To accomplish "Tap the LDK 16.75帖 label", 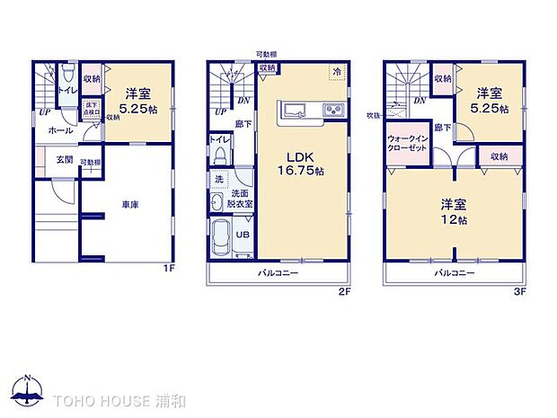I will [x=302, y=160].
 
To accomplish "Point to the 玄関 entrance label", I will [x=53, y=160].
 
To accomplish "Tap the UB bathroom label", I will [x=243, y=235].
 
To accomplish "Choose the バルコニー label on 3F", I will [x=454, y=271].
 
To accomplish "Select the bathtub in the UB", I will [x=220, y=237].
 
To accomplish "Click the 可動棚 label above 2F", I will [x=265, y=55].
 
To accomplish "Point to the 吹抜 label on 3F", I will [x=373, y=115].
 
